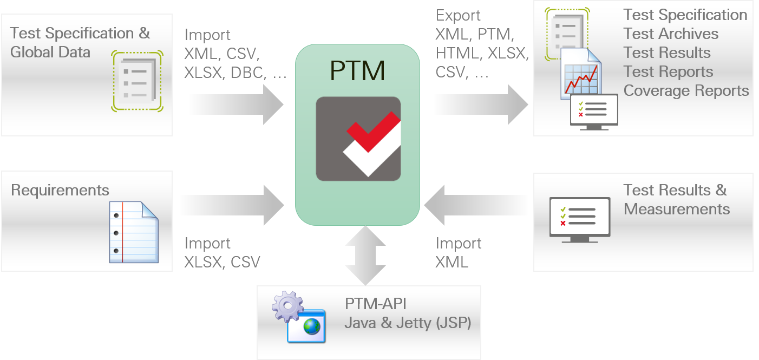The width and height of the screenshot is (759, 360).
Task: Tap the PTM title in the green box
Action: (x=358, y=71)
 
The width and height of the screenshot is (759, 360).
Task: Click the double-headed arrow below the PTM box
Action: (x=365, y=255)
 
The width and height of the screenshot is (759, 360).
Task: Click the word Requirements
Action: (x=60, y=191)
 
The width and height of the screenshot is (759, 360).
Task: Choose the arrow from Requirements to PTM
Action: (x=231, y=205)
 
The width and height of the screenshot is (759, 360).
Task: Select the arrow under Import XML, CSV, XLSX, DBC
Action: (x=235, y=104)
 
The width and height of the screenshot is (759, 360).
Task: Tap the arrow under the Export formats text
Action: (x=480, y=104)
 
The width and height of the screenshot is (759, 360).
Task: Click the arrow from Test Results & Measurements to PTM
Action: (x=476, y=205)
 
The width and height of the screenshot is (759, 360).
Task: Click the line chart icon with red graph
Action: (x=581, y=76)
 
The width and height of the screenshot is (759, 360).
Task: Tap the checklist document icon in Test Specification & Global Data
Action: (x=137, y=81)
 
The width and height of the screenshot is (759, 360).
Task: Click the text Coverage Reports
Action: (x=686, y=91)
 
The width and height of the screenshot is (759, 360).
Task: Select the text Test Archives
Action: (x=671, y=34)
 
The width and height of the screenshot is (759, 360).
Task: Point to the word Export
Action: (x=458, y=16)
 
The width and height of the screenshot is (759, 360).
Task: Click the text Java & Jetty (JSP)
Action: (x=408, y=323)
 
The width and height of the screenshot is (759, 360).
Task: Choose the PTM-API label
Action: (x=376, y=304)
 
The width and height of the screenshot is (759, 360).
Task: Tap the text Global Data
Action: (x=50, y=53)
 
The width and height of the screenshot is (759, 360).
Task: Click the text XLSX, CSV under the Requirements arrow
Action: (x=222, y=263)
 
